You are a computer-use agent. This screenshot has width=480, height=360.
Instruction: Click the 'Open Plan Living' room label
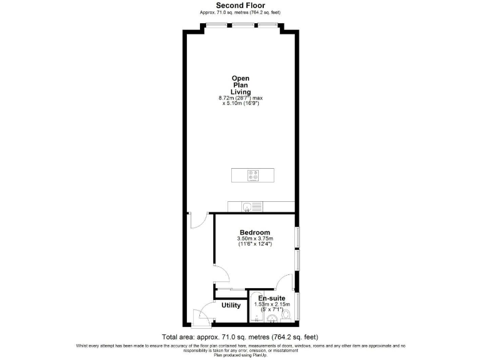[x=241, y=85]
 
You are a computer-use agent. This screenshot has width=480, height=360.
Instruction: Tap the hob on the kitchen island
[x=253, y=176]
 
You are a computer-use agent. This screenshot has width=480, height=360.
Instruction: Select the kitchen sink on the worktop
[x=248, y=206]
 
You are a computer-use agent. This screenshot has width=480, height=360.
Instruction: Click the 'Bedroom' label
[x=255, y=232]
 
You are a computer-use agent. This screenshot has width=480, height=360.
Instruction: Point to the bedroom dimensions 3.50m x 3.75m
[x=255, y=239]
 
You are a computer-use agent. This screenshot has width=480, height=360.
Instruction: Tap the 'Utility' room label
[x=231, y=306]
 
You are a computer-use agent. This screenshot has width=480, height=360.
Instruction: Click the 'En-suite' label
[x=273, y=298]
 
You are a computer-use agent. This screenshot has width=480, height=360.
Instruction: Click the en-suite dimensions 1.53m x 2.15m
[x=273, y=305]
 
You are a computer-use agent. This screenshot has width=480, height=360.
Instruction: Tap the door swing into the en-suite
[x=284, y=282]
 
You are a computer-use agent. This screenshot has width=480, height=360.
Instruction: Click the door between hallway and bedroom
[x=221, y=280]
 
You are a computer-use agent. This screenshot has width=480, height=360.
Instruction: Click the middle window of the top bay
[x=241, y=26]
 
